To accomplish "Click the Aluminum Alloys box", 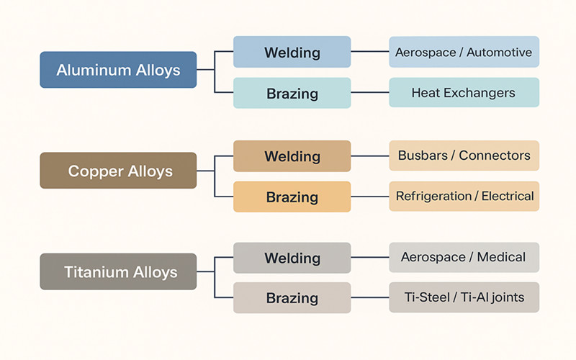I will tap(118, 70).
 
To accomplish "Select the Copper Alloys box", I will tap(118, 171).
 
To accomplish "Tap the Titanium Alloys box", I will tap(118, 272).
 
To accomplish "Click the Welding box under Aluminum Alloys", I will tap(292, 52).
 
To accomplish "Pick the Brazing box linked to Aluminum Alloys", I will tap(292, 93).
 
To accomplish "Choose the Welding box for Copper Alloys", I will tap(292, 156).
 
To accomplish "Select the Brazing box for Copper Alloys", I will tap(292, 197).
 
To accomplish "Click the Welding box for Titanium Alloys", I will tap(292, 258).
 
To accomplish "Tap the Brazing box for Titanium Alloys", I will tap(292, 297).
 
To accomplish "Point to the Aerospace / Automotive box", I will tap(464, 52).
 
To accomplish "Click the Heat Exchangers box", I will tap(464, 93).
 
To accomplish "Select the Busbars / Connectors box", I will tap(464, 156).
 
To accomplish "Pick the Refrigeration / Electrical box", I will tap(464, 196).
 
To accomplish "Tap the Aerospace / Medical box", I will tap(464, 257).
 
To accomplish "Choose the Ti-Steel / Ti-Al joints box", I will tap(464, 297).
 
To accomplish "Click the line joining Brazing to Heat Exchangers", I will tap(370, 93).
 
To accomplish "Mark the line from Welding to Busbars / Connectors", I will tap(370, 156).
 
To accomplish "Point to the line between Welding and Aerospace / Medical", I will tap(370, 257).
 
